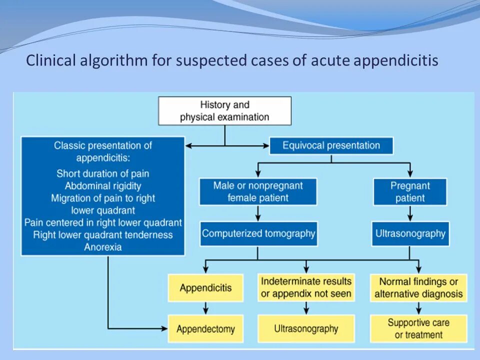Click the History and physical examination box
coord(224,110)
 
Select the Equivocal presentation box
coord(331,145)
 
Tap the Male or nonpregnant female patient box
coord(258,191)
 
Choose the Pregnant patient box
coord(410,191)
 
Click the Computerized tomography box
coord(258,233)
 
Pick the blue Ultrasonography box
coord(410,233)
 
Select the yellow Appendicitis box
coord(205,288)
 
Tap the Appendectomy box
coord(205,329)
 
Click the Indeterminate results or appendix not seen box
coord(306,287)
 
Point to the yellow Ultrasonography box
coord(306,329)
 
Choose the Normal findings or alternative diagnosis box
coord(418,288)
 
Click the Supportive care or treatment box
coord(418,329)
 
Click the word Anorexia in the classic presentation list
coord(103,247)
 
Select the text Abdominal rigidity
coord(103,186)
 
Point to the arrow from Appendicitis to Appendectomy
coord(205,308)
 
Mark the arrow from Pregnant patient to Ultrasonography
coord(410,213)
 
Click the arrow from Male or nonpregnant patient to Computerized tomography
coord(258,213)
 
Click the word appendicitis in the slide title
coord(396,61)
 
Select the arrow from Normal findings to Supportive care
coord(418,308)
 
